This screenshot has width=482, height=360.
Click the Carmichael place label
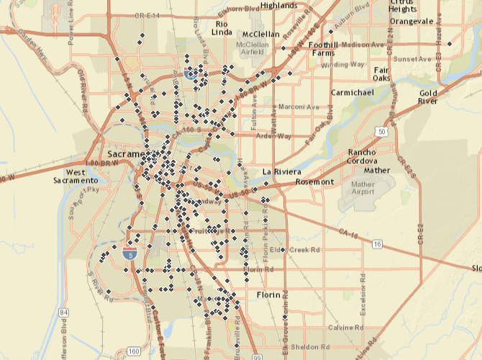tap(353, 93)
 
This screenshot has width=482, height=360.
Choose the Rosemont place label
tap(316, 182)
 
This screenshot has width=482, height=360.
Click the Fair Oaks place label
tap(381, 73)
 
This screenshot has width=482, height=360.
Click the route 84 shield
tap(64, 312)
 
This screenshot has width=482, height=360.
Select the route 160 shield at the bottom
tap(133, 351)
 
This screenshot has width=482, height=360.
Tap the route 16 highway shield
tap(377, 245)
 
